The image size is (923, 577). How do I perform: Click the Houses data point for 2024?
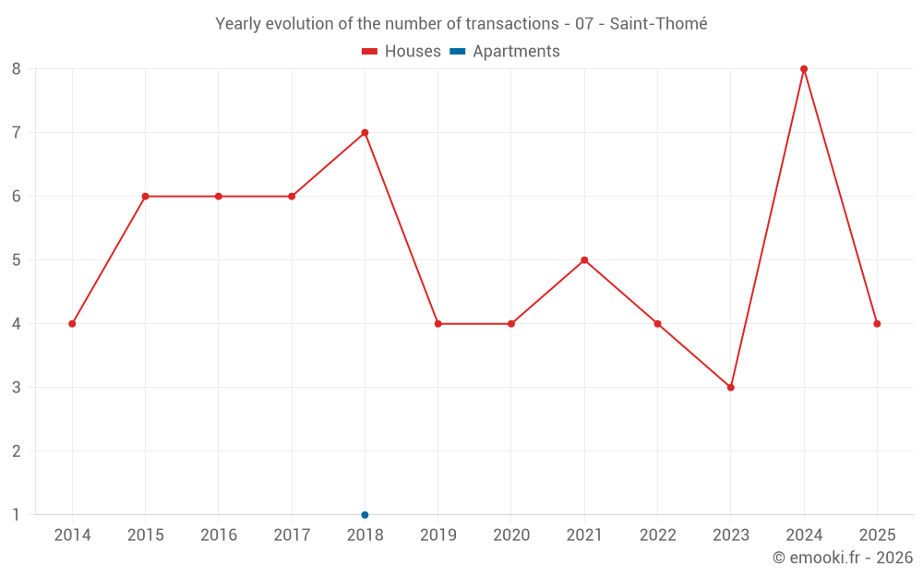pyautogui.click(x=804, y=69)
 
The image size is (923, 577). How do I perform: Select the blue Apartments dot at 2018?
pyautogui.click(x=365, y=515)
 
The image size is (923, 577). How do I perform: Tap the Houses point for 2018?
pyautogui.click(x=365, y=132)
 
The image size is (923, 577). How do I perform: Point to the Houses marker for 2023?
pyautogui.click(x=730, y=388)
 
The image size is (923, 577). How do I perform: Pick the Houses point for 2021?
pyautogui.click(x=584, y=260)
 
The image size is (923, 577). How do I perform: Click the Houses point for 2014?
pyautogui.click(x=72, y=324)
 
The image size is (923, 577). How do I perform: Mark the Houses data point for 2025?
pyautogui.click(x=877, y=324)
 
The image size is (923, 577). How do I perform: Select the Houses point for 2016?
pyautogui.click(x=219, y=196)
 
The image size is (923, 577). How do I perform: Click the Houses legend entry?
pyautogui.click(x=402, y=51)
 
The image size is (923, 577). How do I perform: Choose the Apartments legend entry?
pyautogui.click(x=505, y=51)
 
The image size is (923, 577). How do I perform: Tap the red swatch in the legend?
pyautogui.click(x=370, y=52)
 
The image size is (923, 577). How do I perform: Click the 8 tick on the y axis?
pyautogui.click(x=16, y=69)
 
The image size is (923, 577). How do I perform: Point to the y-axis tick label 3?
pyautogui.click(x=16, y=388)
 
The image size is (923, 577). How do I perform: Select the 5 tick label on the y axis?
pyautogui.click(x=16, y=260)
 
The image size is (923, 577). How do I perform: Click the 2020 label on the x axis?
pyautogui.click(x=511, y=535)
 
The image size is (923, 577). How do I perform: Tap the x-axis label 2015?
pyautogui.click(x=146, y=535)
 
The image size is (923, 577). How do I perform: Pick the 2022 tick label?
pyautogui.click(x=657, y=535)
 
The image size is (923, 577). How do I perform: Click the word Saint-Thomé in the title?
pyautogui.click(x=658, y=24)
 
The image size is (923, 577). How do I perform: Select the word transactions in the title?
pyautogui.click(x=512, y=24)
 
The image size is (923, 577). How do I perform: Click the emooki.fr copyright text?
pyautogui.click(x=843, y=557)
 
